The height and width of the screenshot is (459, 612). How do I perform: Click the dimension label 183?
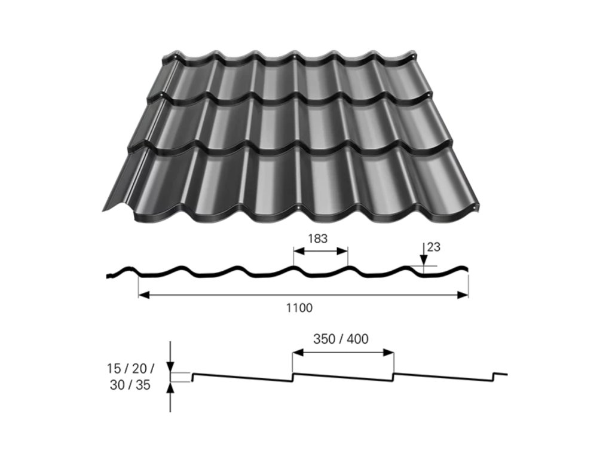[x=317, y=238]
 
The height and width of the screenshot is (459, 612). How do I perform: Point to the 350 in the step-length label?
[x=324, y=339]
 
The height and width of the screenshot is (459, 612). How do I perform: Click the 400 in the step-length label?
[x=358, y=339]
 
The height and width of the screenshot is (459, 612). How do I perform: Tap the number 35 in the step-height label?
[x=143, y=385]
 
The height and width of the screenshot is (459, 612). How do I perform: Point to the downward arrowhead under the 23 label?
[x=423, y=261]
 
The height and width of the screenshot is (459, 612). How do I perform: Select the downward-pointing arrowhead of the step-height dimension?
[x=171, y=366]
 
